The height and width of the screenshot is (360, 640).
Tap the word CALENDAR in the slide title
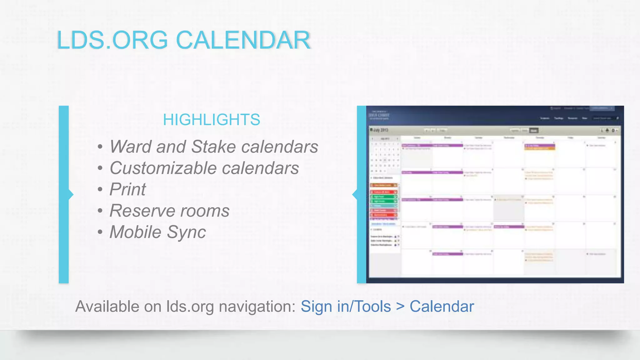click(x=243, y=40)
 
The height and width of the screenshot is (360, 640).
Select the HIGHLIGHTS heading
click(x=211, y=120)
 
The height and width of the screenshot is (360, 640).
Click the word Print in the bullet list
click(x=127, y=189)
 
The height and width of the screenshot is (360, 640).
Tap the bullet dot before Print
click(x=100, y=190)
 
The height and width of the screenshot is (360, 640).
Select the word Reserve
click(x=142, y=211)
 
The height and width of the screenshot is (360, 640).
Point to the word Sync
click(x=186, y=232)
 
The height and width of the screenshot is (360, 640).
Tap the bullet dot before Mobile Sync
click(x=100, y=232)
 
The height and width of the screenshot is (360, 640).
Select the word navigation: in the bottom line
click(x=257, y=307)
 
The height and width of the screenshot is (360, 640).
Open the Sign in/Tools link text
click(x=346, y=307)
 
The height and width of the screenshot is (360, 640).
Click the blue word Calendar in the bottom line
click(x=442, y=307)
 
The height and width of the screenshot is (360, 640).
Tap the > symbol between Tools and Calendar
click(x=400, y=307)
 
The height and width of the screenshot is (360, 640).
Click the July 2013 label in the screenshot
click(x=380, y=130)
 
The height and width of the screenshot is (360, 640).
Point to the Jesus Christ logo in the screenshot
click(x=379, y=115)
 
